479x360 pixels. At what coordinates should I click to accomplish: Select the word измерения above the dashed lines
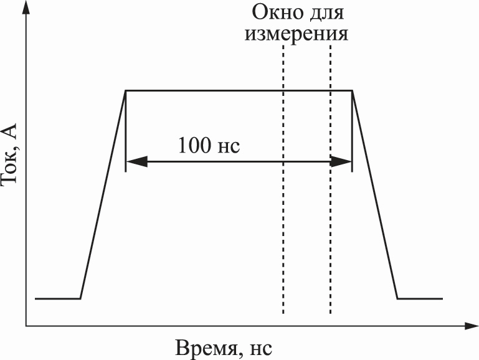point(296,33)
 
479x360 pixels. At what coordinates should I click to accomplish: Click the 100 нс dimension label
point(209,145)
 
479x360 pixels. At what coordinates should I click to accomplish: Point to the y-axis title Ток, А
point(9,154)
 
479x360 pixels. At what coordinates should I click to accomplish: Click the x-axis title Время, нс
point(224,348)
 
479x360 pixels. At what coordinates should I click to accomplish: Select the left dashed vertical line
point(283,179)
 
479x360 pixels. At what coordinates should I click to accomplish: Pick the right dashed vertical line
point(330,179)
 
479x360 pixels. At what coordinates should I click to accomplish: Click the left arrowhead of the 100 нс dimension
point(136,161)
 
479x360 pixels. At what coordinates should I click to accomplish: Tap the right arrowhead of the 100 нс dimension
point(341,161)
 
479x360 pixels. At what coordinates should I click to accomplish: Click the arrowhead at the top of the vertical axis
point(27,7)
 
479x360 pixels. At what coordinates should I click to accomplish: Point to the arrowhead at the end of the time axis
point(472,326)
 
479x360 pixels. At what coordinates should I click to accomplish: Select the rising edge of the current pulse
point(103,194)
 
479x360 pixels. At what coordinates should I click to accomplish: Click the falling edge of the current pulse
point(375,194)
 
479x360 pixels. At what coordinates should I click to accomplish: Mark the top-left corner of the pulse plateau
point(126,91)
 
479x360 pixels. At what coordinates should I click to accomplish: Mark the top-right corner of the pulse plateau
point(352,91)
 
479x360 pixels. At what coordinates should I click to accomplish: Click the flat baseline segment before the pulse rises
point(58,298)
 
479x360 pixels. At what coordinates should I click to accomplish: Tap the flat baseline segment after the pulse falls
point(420,298)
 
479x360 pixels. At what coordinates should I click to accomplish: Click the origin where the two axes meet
point(27,326)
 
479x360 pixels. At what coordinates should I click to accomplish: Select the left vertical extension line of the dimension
point(126,131)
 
